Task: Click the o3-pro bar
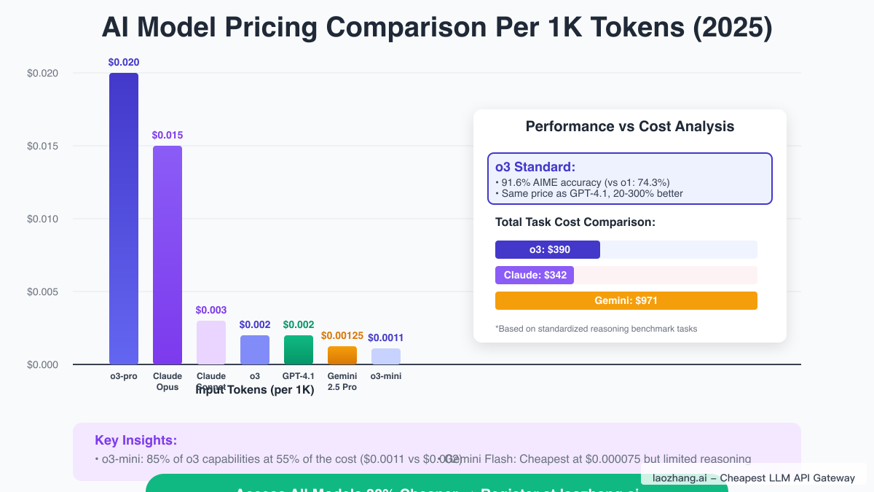[x=124, y=219]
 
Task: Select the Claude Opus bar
[x=168, y=255]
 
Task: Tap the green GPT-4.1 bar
[x=299, y=350]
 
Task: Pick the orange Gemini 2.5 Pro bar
[x=342, y=356]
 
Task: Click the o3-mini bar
[x=386, y=356]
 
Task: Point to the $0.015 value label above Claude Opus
[x=168, y=135]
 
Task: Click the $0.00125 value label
[x=342, y=335]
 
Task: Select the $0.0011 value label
[x=386, y=337]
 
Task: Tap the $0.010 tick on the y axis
[x=42, y=219]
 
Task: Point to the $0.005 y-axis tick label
[x=42, y=292]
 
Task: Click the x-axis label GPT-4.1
[x=299, y=376]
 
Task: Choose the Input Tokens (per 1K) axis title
[x=255, y=390]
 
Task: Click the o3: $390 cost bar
[x=548, y=250]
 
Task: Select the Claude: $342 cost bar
[x=535, y=276]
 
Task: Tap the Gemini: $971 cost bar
[x=626, y=300]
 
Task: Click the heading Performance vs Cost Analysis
[x=630, y=127]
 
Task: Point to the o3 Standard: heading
[x=535, y=167]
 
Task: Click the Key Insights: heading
[x=135, y=440]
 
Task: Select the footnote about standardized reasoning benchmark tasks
[x=597, y=329]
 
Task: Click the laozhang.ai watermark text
[x=754, y=478]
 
